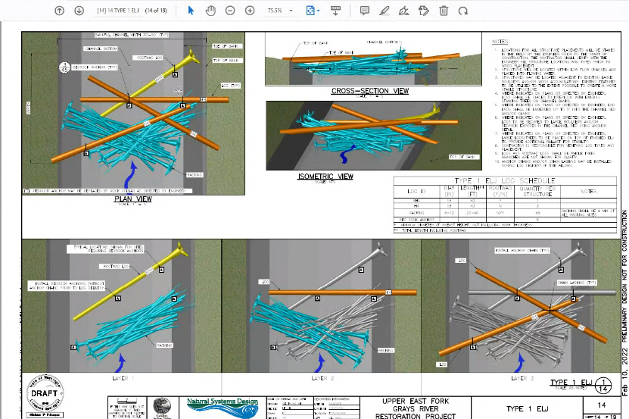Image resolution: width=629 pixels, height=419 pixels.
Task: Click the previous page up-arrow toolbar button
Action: click(x=60, y=11)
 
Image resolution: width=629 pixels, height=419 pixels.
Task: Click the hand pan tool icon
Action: click(x=210, y=11)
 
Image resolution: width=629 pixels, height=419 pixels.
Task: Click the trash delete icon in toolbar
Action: click(x=443, y=11)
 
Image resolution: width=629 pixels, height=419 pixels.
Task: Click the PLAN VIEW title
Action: click(x=132, y=199)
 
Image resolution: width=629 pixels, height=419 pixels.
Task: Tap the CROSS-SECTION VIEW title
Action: click(x=369, y=91)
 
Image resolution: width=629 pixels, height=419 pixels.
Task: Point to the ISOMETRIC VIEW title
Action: click(x=325, y=177)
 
